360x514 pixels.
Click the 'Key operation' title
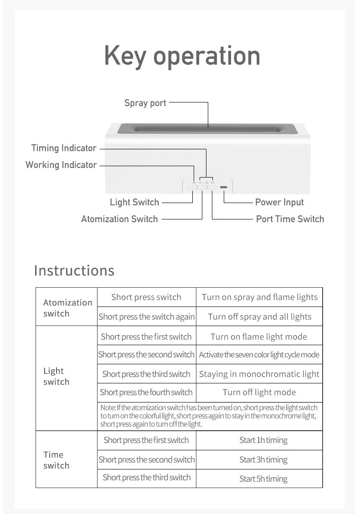click(182, 56)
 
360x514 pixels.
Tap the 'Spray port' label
click(145, 103)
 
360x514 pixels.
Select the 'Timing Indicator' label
click(64, 148)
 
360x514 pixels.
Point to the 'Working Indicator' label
click(61, 165)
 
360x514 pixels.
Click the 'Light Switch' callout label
click(134, 202)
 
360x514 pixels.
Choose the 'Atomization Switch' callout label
click(119, 219)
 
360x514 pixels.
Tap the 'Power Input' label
click(279, 202)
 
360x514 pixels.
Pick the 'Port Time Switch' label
click(290, 219)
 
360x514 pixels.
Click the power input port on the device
click(224, 187)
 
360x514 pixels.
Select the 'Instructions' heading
click(74, 270)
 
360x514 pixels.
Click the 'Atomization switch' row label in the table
click(67, 308)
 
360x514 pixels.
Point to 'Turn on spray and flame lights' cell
click(259, 297)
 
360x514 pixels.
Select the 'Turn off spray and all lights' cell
click(259, 317)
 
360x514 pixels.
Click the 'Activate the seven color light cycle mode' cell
click(259, 355)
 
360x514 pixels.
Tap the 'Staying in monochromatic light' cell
click(259, 374)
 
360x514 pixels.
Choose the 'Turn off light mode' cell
click(259, 392)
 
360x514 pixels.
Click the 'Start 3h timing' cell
click(263, 460)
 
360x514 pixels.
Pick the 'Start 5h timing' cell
click(263, 479)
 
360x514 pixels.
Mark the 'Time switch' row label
click(56, 460)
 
